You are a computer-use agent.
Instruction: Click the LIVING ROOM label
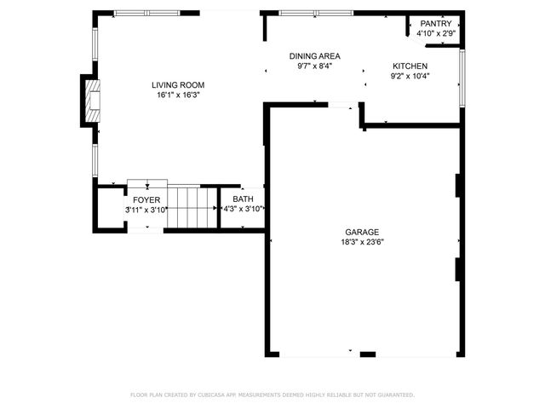pos(178,84)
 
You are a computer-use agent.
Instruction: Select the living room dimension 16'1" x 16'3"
pos(178,95)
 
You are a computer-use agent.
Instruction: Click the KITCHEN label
pos(409,66)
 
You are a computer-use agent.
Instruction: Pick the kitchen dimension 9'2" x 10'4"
pos(409,76)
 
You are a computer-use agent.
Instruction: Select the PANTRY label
pos(436,23)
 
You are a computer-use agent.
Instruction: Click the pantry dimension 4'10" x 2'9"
pos(436,33)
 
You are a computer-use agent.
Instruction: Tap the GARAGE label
pos(362,231)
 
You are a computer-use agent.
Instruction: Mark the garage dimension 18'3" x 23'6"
pos(362,241)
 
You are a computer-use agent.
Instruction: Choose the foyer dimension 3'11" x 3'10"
pos(146,209)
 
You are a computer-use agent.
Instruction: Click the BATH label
pos(243,199)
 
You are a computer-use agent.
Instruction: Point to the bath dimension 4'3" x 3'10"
pos(243,209)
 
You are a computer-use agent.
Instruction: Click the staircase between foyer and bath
pos(192,207)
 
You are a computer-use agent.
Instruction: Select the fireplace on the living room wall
pos(89,101)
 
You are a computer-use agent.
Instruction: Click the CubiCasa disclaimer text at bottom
pos(272,395)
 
